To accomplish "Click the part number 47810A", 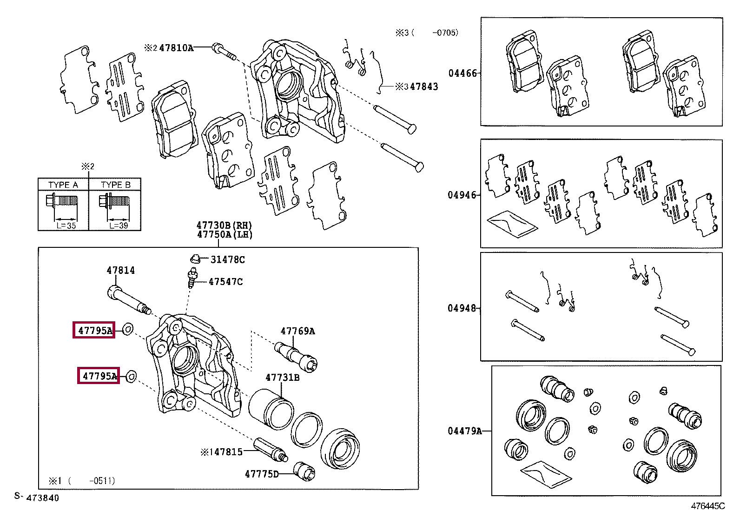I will click(176, 47).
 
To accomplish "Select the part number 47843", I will click(423, 86).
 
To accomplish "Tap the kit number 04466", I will click(462, 73).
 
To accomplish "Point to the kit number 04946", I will click(462, 195).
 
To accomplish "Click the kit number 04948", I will click(462, 308).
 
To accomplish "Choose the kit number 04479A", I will click(465, 431).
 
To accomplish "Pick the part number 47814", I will click(120, 270).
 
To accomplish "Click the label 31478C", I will click(227, 259).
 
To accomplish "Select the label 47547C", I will click(225, 282).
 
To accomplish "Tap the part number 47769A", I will click(297, 331).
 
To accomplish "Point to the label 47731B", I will click(283, 378).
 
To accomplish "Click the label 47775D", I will click(262, 474).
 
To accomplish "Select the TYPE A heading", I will click(63, 185).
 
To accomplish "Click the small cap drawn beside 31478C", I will click(196, 258).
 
